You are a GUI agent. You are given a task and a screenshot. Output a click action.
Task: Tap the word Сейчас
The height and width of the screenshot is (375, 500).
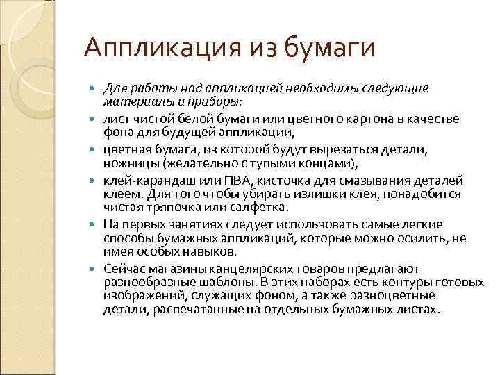[x=124, y=268]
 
